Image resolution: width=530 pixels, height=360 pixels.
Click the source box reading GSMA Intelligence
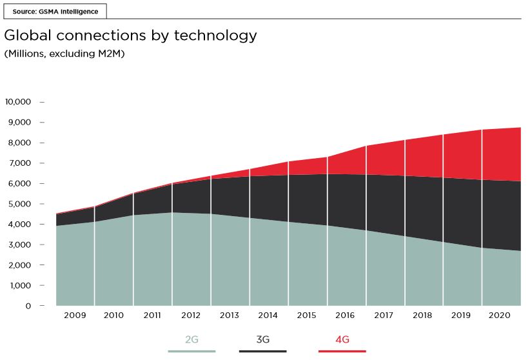[x=55, y=12]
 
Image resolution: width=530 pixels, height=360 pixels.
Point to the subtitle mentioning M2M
[x=64, y=54]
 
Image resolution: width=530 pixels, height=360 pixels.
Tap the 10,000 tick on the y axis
[x=18, y=102]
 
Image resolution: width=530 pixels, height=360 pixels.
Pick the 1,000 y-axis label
[x=20, y=286]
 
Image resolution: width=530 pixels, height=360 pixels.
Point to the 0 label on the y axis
[x=28, y=306]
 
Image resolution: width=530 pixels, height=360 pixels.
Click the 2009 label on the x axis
[x=75, y=316]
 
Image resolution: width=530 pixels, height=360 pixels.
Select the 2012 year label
[x=191, y=316]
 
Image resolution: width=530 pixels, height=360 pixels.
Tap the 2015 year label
[x=308, y=316]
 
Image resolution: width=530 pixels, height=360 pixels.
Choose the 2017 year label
[x=385, y=316]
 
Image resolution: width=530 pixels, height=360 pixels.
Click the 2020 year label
[x=501, y=316]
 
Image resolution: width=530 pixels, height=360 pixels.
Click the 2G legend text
[x=191, y=339]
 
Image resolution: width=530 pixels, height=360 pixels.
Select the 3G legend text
[x=262, y=339]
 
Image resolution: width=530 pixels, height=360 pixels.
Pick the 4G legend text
[x=342, y=339]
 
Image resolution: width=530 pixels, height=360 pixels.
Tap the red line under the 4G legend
[x=342, y=352]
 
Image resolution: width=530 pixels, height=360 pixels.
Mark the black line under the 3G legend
[x=262, y=352]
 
